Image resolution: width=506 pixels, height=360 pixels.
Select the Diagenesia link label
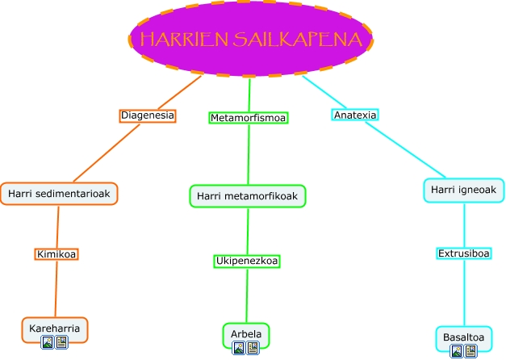(x=147, y=115)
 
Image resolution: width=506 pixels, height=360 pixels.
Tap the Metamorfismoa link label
(x=249, y=118)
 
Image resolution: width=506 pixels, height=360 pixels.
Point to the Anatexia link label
(x=355, y=115)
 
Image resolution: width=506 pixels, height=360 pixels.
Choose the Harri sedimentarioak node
(x=59, y=194)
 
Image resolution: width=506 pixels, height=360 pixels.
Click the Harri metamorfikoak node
(x=248, y=196)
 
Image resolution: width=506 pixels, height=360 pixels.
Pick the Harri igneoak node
(x=464, y=190)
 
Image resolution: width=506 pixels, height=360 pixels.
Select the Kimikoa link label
(x=56, y=254)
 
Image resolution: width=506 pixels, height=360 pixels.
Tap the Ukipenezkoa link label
(x=247, y=261)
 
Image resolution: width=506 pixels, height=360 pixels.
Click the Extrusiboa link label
(x=464, y=253)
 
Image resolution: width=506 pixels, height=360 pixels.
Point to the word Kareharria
(x=54, y=329)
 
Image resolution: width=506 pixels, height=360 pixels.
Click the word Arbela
(x=245, y=333)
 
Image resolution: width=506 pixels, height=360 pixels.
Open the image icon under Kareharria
(x=48, y=342)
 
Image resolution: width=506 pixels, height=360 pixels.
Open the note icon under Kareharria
(x=61, y=342)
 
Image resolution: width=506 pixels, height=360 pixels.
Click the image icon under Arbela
(x=239, y=348)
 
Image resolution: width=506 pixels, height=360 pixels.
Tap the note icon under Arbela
(x=253, y=348)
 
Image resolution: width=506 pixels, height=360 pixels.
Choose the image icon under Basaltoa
(x=457, y=351)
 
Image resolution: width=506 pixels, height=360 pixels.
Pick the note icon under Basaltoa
(x=470, y=351)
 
